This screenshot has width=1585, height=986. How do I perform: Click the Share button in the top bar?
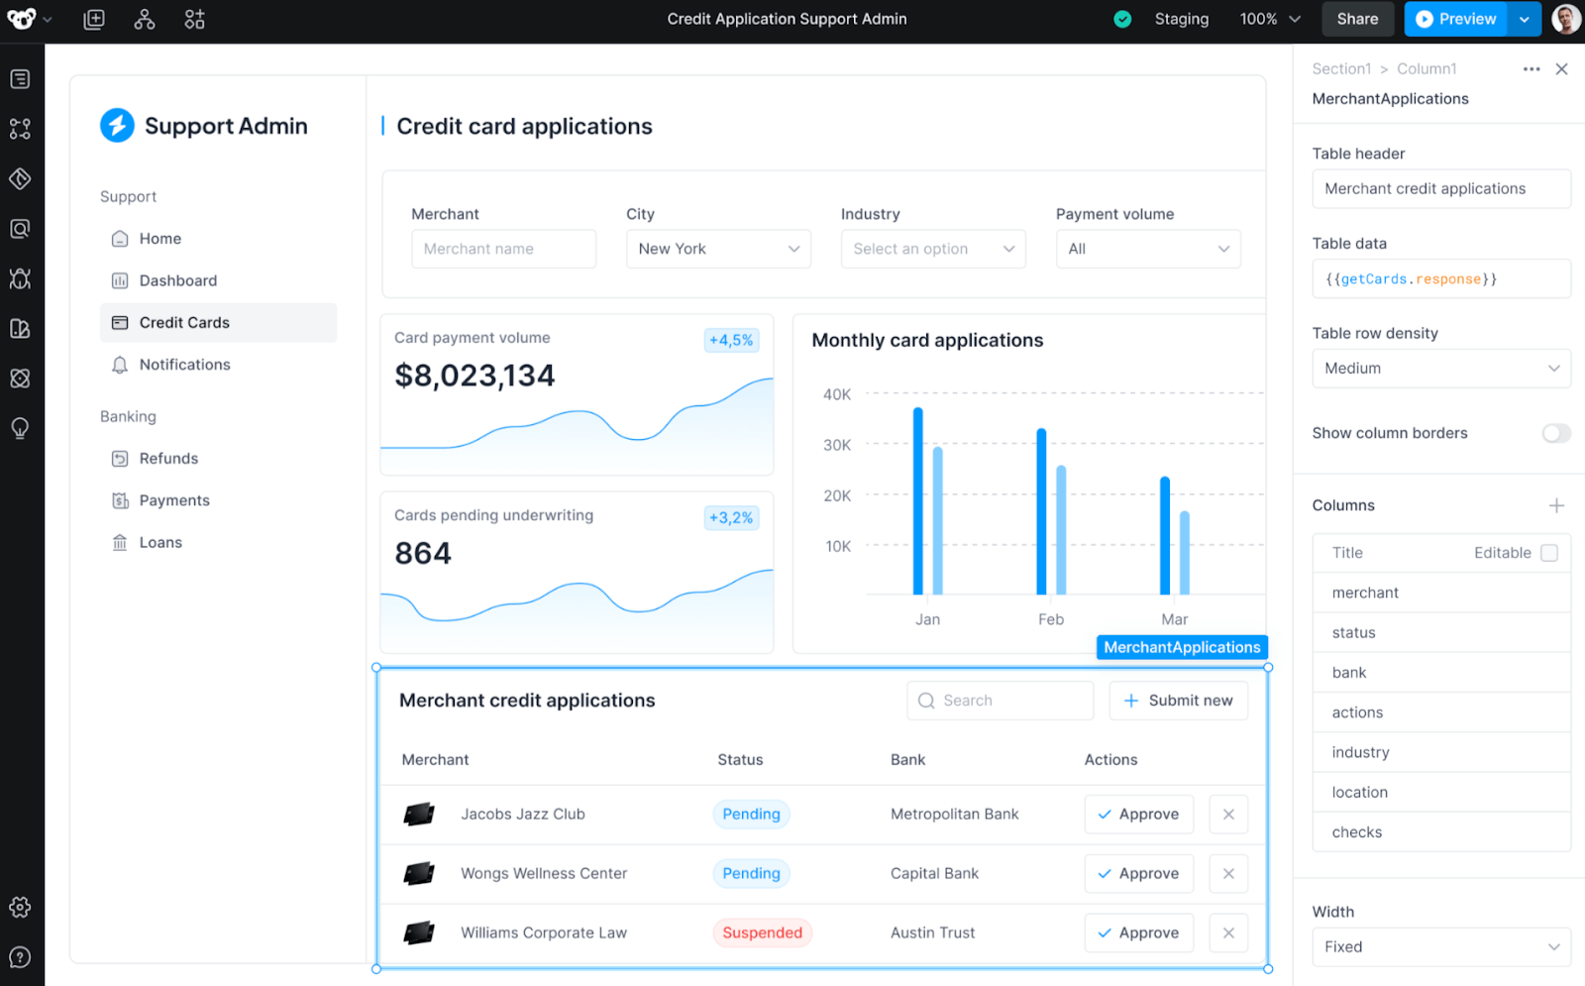(1356, 19)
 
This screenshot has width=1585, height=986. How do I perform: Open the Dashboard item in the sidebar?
(178, 280)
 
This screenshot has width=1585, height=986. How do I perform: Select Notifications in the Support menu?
(184, 365)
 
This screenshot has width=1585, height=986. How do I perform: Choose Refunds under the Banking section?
(168, 459)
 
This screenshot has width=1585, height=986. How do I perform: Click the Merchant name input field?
(503, 249)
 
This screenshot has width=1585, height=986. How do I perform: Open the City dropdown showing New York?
(718, 249)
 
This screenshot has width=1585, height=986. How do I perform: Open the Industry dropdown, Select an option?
(932, 249)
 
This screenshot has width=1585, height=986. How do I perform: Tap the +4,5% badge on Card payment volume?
(731, 340)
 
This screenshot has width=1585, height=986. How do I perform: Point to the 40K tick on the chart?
(837, 394)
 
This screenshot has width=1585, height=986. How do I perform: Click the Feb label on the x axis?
(1051, 619)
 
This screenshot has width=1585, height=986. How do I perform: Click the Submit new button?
(1178, 701)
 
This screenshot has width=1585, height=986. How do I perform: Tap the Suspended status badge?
(762, 932)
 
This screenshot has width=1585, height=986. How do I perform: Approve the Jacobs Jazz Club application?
(1138, 815)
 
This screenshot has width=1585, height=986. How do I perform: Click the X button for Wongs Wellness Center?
(1228, 874)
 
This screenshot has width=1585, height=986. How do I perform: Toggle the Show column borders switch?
(1555, 433)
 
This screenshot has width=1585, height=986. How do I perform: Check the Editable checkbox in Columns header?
(1549, 553)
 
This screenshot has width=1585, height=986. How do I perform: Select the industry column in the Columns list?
(1360, 752)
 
